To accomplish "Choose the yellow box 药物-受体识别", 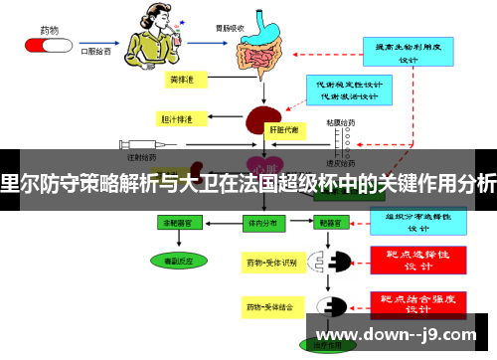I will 270,263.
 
